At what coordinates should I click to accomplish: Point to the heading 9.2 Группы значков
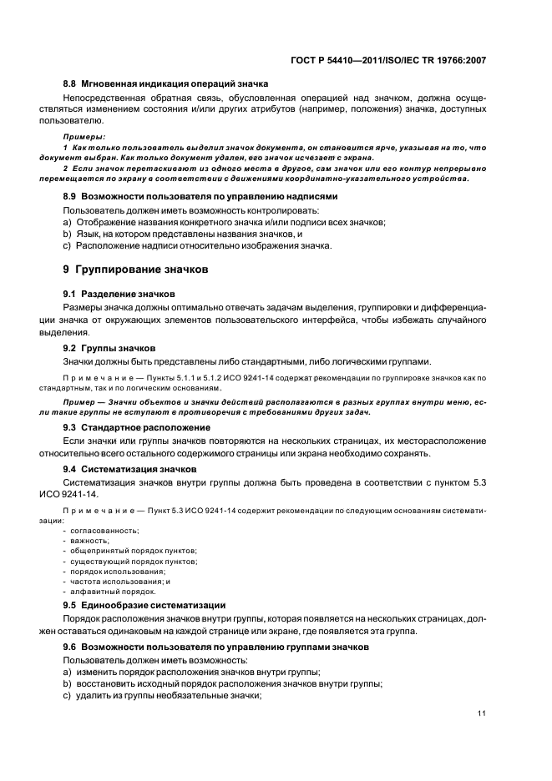coord(109,347)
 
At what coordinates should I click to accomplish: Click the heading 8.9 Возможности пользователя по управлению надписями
coord(200,197)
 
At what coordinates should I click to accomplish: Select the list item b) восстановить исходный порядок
coord(222,684)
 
